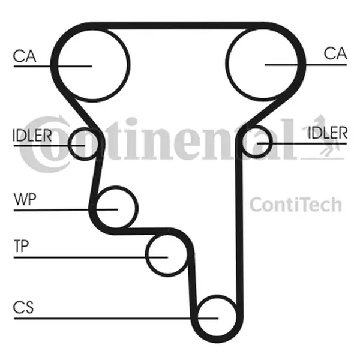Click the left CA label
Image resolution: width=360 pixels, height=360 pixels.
pyautogui.click(x=25, y=56)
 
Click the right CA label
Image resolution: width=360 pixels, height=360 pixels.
pyautogui.click(x=335, y=53)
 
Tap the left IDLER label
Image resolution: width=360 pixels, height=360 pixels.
pyautogui.click(x=32, y=135)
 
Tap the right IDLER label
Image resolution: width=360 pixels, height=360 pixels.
pyautogui.click(x=328, y=133)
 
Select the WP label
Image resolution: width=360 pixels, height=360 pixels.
pyautogui.click(x=25, y=199)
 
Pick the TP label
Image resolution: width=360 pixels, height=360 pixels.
pyautogui.click(x=21, y=246)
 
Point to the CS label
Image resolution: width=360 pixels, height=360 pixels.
pyautogui.click(x=23, y=307)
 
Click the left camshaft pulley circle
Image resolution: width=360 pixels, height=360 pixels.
pyautogui.click(x=93, y=65)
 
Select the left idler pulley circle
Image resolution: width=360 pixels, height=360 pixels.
pyautogui.click(x=85, y=144)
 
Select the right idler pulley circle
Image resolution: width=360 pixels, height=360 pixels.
pyautogui.click(x=256, y=142)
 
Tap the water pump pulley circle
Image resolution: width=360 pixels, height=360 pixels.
pyautogui.click(x=116, y=208)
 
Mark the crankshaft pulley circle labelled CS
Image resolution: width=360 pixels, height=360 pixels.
pyautogui.click(x=217, y=317)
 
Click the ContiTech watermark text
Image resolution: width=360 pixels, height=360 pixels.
pyautogui.click(x=296, y=204)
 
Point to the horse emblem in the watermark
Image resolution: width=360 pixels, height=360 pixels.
pyautogui.click(x=324, y=137)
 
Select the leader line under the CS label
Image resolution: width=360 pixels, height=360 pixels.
pyautogui.click(x=116, y=319)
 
